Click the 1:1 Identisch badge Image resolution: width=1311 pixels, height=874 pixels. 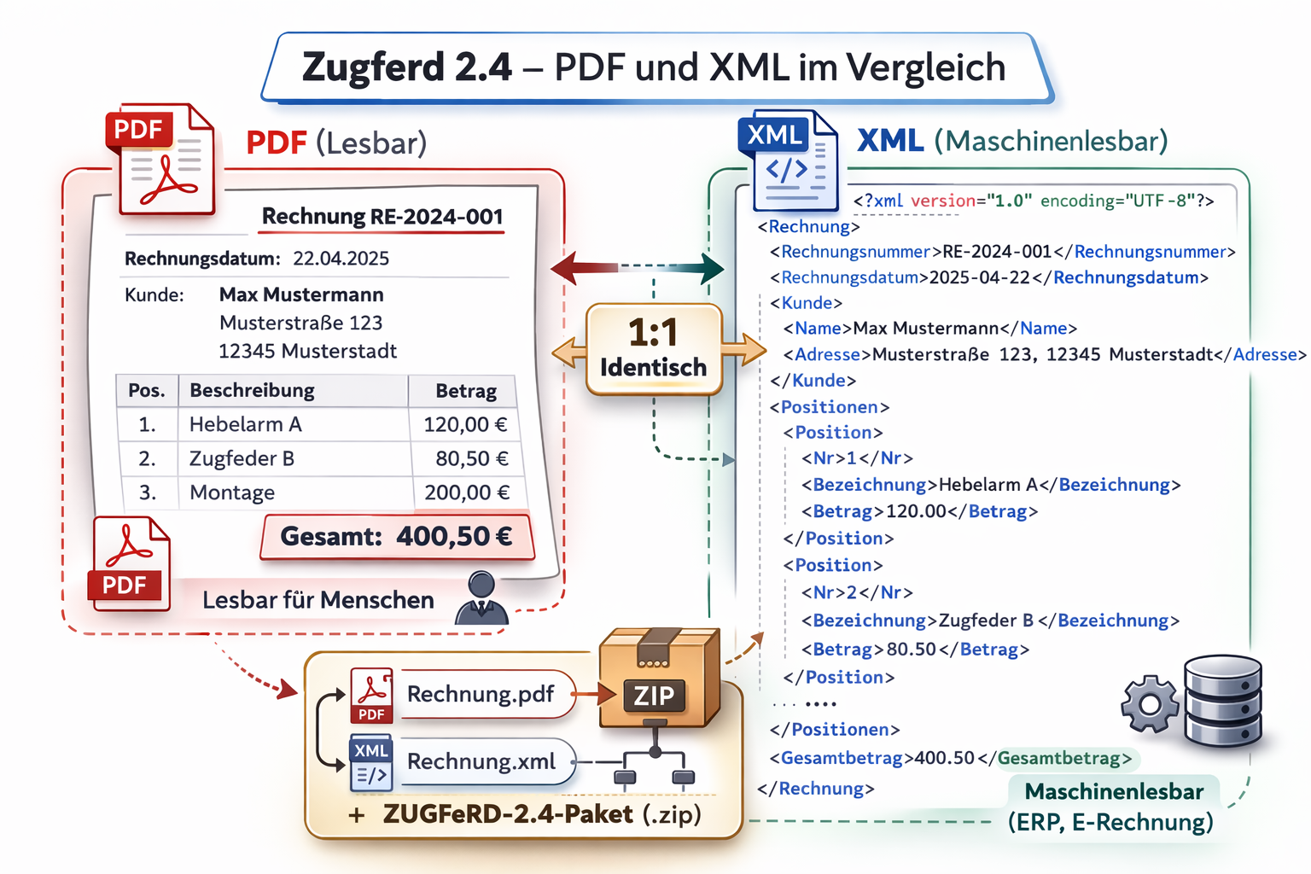tap(654, 349)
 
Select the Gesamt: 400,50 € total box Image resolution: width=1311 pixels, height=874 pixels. tap(397, 537)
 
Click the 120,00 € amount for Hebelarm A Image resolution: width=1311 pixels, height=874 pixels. tap(465, 424)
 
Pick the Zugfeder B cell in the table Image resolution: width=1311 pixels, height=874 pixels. tap(242, 458)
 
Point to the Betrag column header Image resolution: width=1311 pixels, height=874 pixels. tap(466, 391)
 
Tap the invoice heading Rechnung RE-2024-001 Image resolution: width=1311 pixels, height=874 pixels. tap(382, 217)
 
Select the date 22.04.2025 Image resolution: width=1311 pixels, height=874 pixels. tap(341, 259)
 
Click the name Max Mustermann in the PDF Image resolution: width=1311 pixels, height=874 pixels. tap(301, 294)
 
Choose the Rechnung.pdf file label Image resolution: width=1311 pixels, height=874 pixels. tap(481, 694)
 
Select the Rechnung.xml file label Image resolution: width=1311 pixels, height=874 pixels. tap(481, 761)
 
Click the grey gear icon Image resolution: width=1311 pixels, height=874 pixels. tap(1150, 703)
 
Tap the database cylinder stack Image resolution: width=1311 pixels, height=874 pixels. tap(1222, 702)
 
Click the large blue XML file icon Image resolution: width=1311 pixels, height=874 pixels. tap(787, 161)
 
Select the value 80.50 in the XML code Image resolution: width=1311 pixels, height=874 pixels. tap(912, 650)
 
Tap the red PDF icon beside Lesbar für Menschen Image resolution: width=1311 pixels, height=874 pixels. tap(131, 564)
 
